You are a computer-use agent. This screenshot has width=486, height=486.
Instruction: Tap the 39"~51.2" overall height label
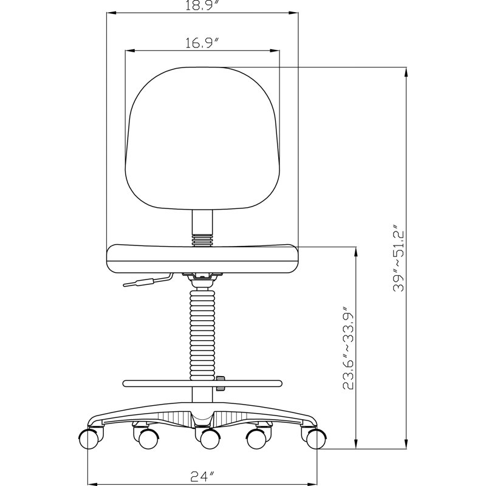[398, 259]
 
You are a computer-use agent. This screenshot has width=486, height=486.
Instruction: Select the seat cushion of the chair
[202, 258]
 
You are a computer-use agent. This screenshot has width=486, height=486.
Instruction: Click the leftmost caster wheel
[89, 438]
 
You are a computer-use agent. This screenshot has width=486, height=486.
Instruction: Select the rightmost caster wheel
[315, 438]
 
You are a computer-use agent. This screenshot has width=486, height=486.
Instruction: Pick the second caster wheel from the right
[261, 438]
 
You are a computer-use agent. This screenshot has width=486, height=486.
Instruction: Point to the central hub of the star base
[203, 419]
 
